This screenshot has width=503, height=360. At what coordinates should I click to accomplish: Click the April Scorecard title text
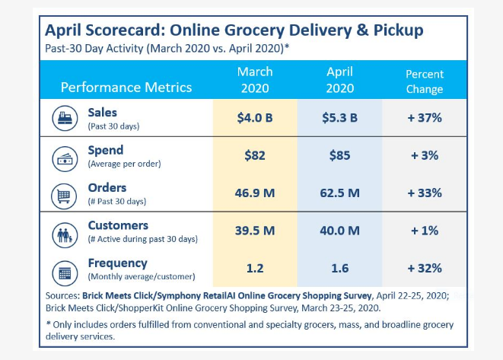click(234, 30)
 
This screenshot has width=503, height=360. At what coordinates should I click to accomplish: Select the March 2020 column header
click(254, 79)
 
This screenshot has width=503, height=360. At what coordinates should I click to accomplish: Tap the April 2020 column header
click(339, 79)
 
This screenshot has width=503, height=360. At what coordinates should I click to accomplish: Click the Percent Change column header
click(424, 80)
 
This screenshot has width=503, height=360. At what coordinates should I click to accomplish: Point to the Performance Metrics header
click(126, 87)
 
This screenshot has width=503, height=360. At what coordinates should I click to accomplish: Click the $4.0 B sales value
click(254, 119)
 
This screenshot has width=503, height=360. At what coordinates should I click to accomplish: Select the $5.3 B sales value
click(339, 119)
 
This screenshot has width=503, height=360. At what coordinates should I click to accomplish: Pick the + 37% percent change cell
click(424, 119)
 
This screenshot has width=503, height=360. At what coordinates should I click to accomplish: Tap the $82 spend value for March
click(254, 157)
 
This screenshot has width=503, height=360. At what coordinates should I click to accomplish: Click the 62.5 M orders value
click(339, 193)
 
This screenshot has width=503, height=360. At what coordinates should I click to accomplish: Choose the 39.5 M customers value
click(254, 231)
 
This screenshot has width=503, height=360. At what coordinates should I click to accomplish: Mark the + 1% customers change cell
click(424, 231)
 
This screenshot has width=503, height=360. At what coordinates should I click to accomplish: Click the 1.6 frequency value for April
click(339, 268)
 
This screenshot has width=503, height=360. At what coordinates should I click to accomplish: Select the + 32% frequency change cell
click(424, 268)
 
